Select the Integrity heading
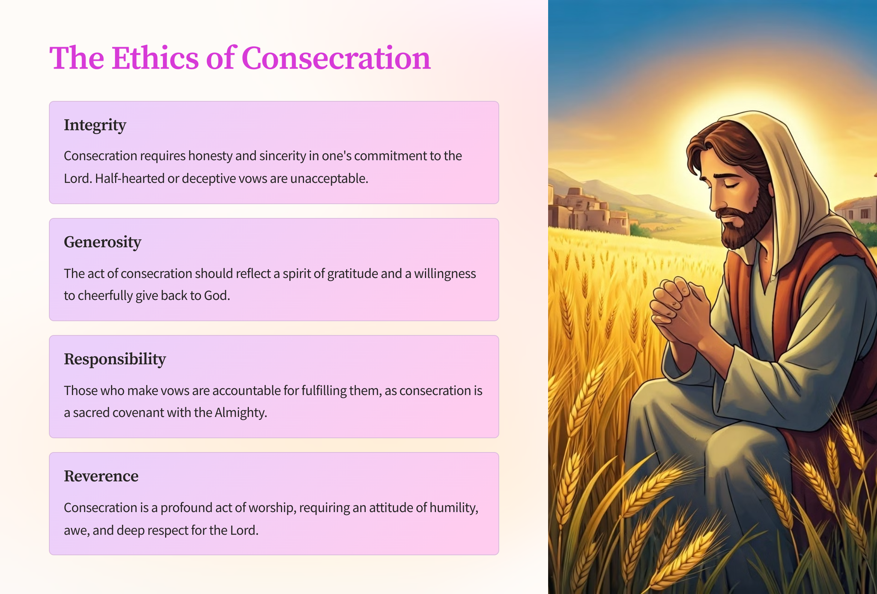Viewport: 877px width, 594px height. pos(95,126)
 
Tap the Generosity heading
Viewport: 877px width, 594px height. pos(102,242)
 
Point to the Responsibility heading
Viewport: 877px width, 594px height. pos(115,359)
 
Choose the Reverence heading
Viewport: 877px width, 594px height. pos(101,476)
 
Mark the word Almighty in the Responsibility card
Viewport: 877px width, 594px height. pos(241,413)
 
